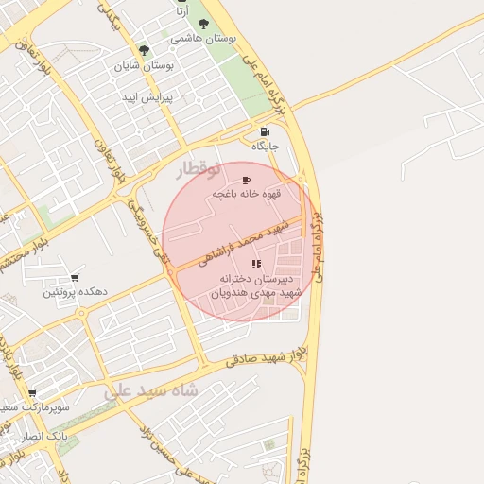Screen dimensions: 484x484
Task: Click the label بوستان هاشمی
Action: click(203, 41)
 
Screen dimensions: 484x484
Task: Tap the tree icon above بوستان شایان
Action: click(144, 50)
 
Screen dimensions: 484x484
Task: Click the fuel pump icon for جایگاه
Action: click(264, 131)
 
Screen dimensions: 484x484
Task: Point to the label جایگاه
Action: click(265, 147)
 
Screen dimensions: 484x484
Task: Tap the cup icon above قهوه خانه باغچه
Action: click(247, 180)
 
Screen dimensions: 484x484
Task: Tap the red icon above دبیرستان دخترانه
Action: click(258, 263)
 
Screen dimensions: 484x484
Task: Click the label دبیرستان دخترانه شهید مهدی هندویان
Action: click(257, 286)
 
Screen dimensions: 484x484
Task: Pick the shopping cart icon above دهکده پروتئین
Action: click(74, 278)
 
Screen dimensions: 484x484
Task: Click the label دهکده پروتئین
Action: click(75, 293)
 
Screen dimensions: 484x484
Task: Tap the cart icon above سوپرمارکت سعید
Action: click(32, 393)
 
